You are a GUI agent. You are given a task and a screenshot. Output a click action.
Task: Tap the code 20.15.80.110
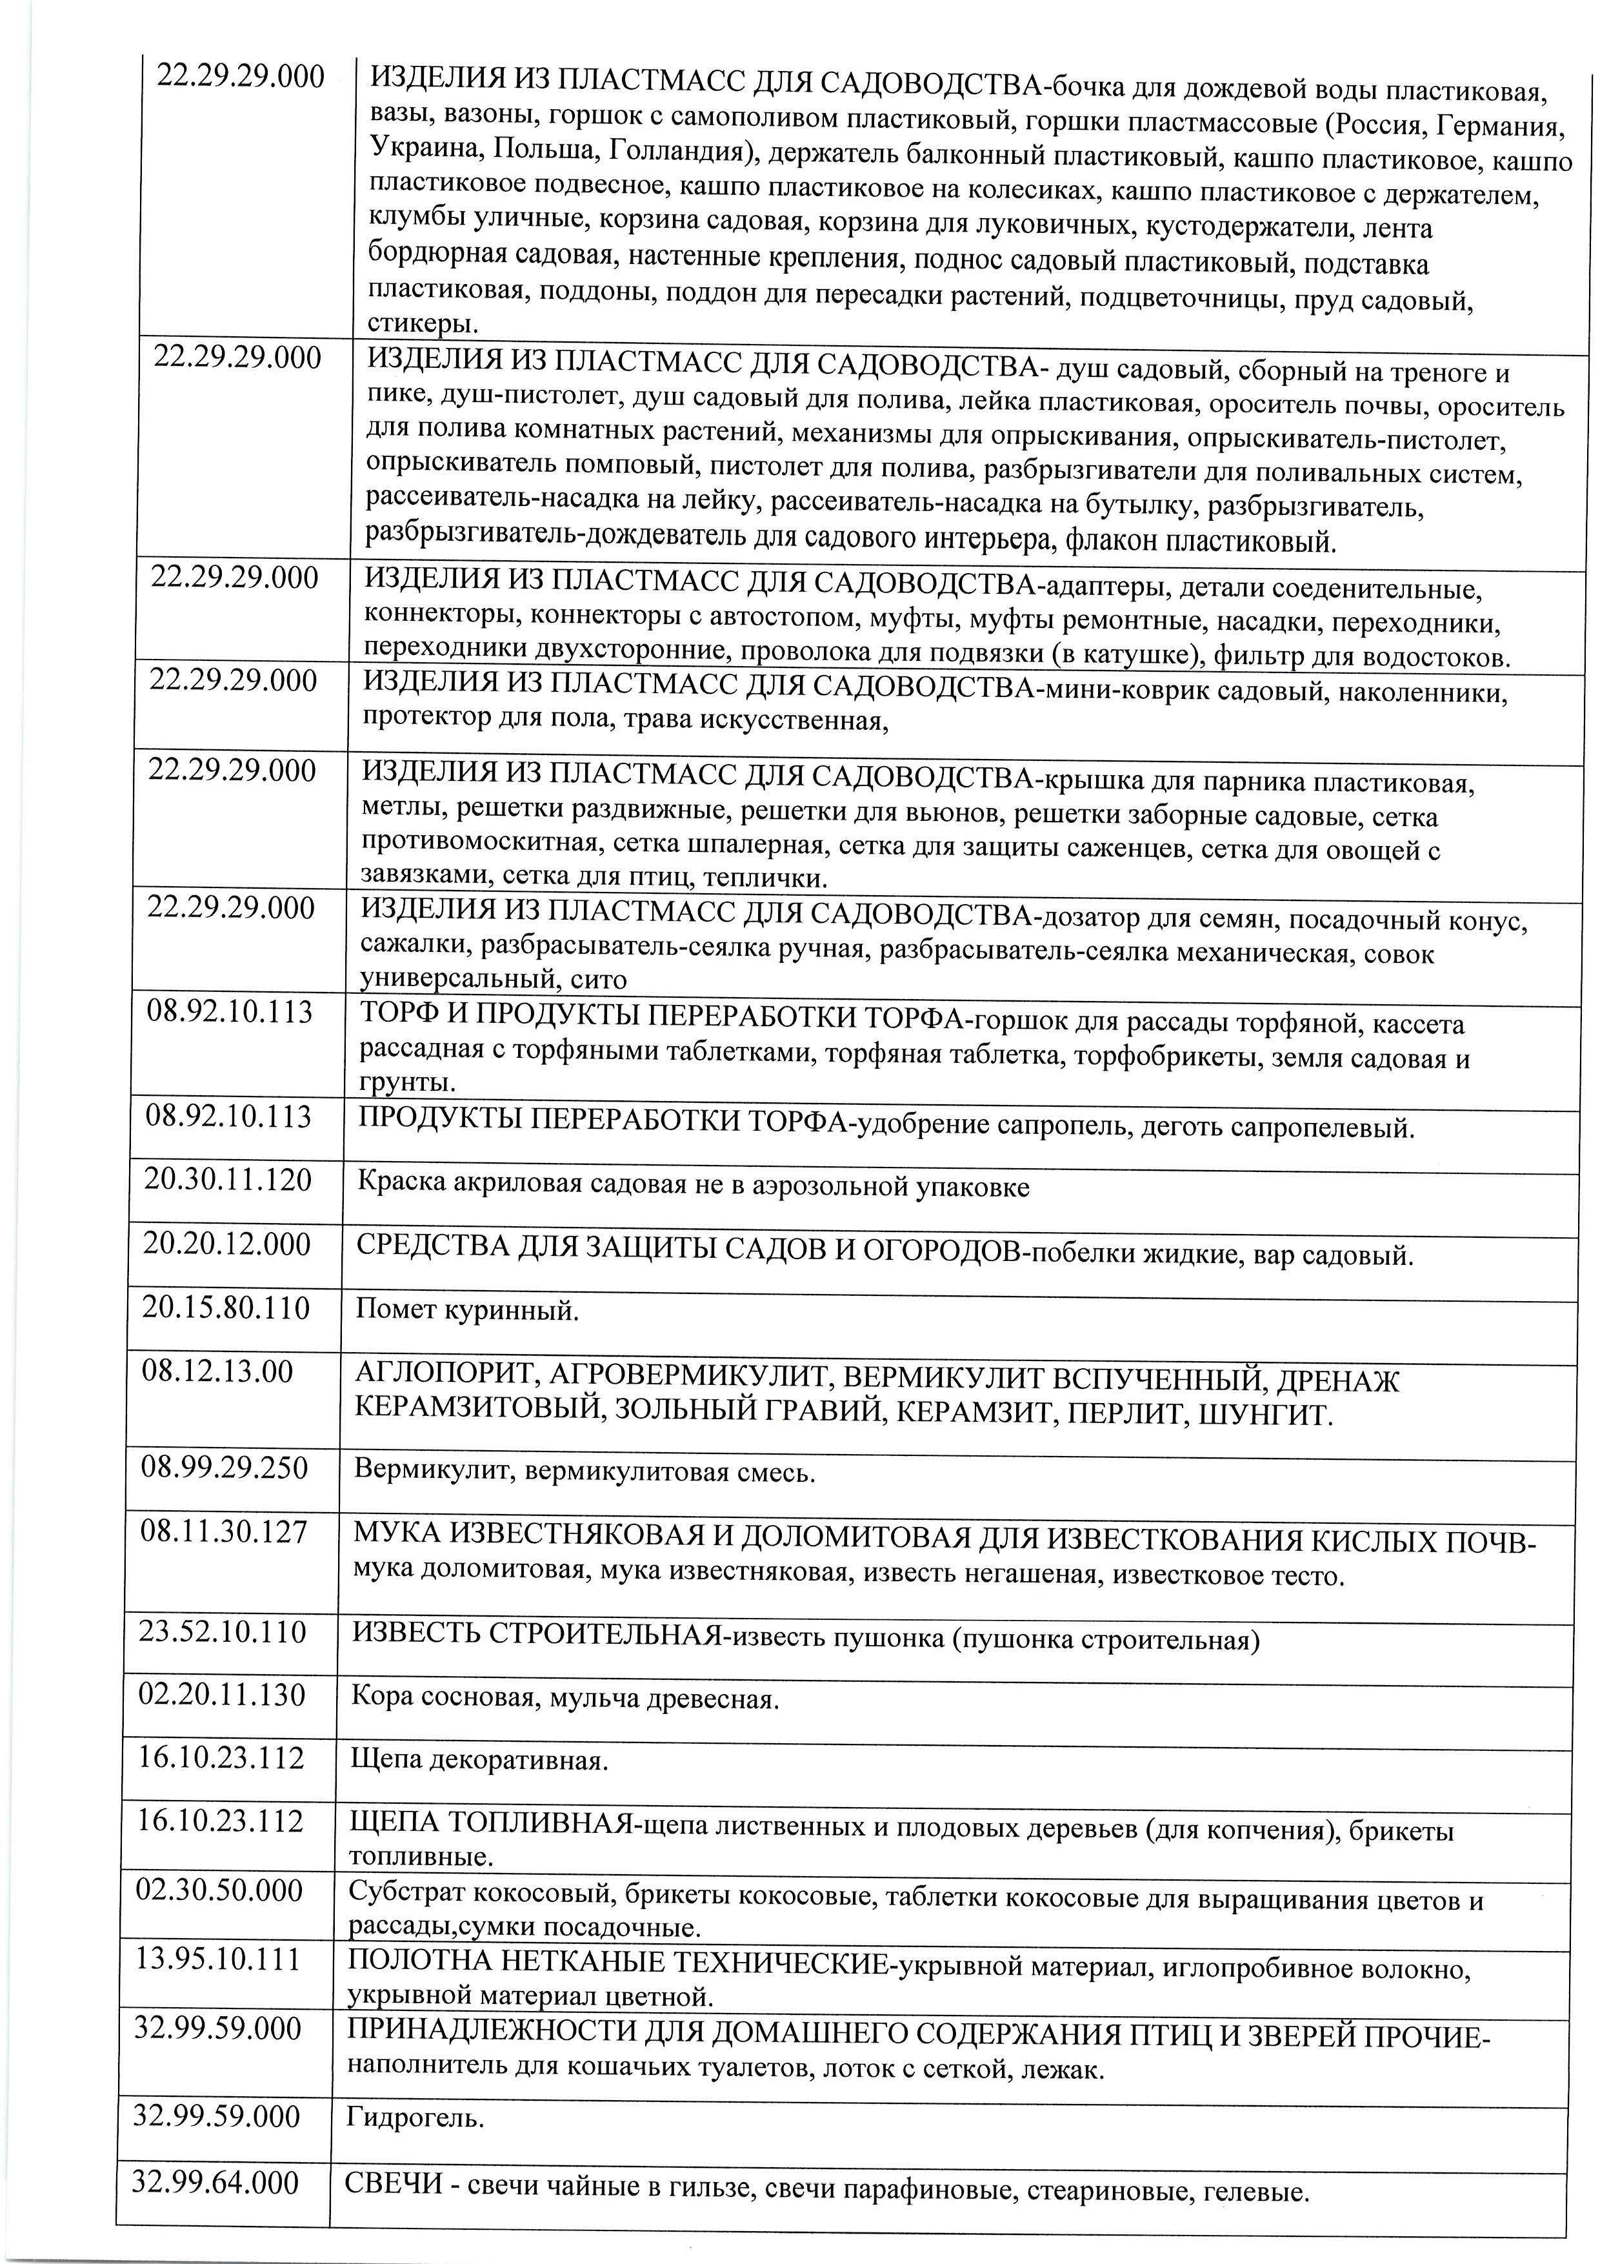coord(226,1308)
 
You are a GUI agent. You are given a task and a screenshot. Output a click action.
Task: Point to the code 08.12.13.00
coord(218,1371)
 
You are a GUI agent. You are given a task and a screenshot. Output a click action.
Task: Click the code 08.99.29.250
coord(225,1468)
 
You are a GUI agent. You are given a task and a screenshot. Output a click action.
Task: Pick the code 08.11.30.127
coord(224,1531)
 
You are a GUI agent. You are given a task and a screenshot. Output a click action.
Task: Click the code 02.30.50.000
coord(220,1891)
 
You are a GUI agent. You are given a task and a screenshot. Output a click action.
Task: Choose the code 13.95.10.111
coord(218,1958)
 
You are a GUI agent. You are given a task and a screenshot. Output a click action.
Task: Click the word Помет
coord(394,1311)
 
